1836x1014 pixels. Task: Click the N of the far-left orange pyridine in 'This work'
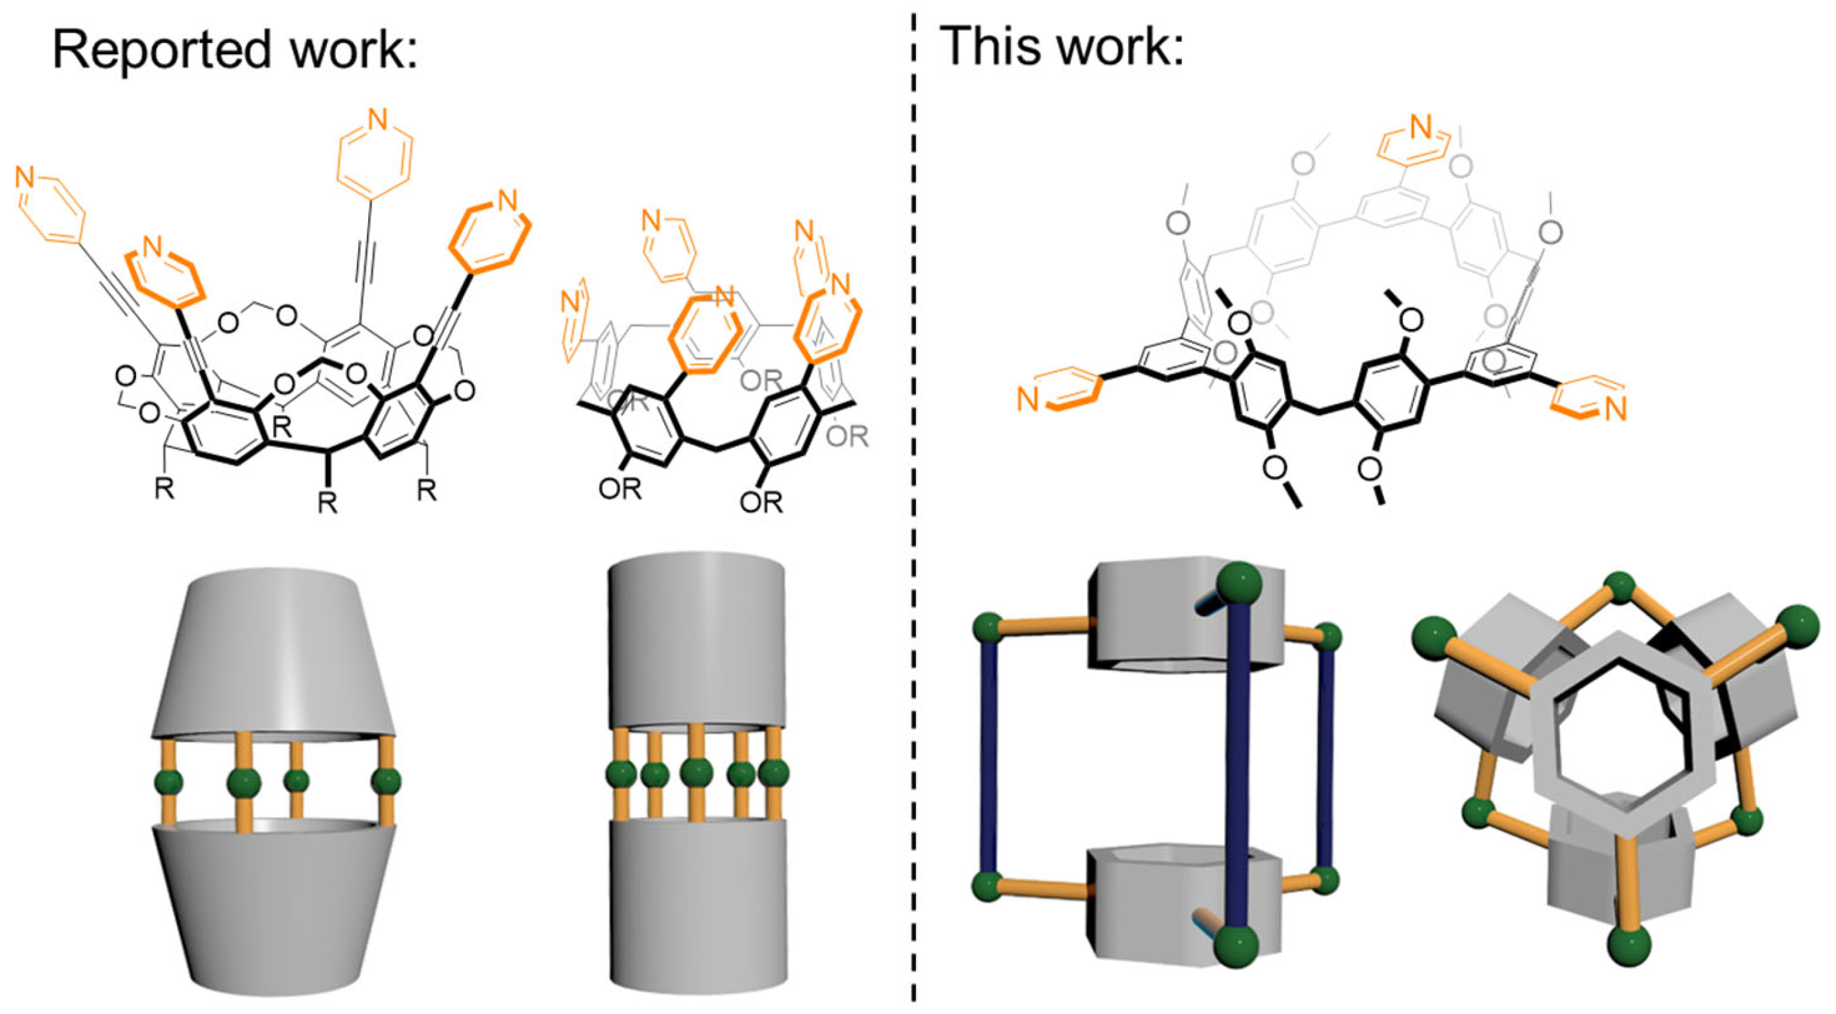tap(1027, 400)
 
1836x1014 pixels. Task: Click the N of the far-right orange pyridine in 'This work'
tap(1616, 409)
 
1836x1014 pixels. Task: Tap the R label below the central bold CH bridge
tap(327, 503)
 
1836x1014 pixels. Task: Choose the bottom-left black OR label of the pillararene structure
tap(620, 488)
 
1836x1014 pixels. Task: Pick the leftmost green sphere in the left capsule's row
tap(168, 782)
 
